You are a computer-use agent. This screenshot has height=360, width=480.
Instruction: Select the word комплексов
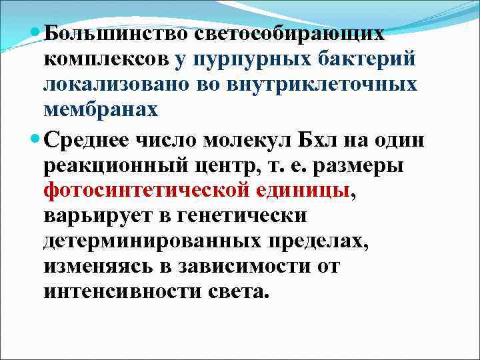(106, 59)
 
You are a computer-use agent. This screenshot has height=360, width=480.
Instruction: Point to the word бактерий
(366, 59)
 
